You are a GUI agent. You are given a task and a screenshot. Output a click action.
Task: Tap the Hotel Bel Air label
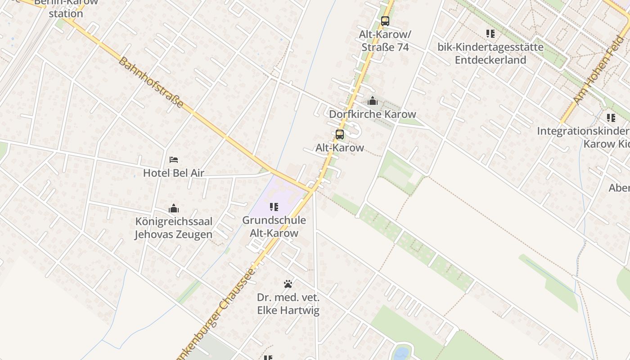(173, 173)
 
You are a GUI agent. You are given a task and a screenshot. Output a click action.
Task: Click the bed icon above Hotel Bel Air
(174, 160)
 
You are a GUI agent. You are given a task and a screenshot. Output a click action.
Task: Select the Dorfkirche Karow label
(372, 114)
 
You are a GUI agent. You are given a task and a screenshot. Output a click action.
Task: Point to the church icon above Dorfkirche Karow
(372, 101)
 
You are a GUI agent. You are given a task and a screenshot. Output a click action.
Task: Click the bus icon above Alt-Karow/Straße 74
(385, 21)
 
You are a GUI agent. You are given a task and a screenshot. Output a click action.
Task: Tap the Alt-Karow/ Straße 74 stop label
(385, 40)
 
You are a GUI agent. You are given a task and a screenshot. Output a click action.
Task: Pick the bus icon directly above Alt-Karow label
(340, 134)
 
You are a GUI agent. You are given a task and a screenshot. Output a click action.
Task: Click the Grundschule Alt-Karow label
(274, 226)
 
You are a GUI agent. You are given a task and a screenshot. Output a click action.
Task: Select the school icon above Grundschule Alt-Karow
(274, 207)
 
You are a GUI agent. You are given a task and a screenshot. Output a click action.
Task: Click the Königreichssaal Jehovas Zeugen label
(174, 228)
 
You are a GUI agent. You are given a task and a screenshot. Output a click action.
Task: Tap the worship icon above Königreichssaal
(174, 208)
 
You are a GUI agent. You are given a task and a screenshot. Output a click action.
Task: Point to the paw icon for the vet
(288, 284)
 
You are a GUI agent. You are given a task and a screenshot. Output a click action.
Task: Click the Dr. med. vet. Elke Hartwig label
(288, 304)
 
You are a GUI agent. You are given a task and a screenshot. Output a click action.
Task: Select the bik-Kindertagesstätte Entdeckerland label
(490, 53)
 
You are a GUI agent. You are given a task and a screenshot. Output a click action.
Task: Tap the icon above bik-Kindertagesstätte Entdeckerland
(490, 34)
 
